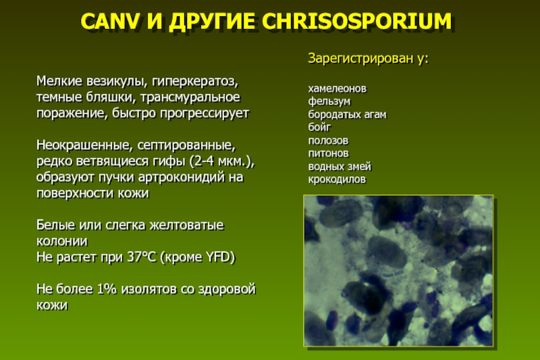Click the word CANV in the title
coord(110,22)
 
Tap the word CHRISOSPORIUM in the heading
coord(357,22)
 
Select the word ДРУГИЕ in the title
coord(211,22)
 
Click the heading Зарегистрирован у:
coord(368,59)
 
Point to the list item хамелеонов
coord(337,88)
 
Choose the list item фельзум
coord(329,101)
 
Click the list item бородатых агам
coord(347,114)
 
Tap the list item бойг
coord(319,127)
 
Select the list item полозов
coord(328,140)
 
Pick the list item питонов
coord(328,153)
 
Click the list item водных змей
coord(340,166)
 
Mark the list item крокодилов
coord(337,180)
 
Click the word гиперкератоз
coord(195,81)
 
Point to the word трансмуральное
coord(190,97)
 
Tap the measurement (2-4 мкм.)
coord(224,161)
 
